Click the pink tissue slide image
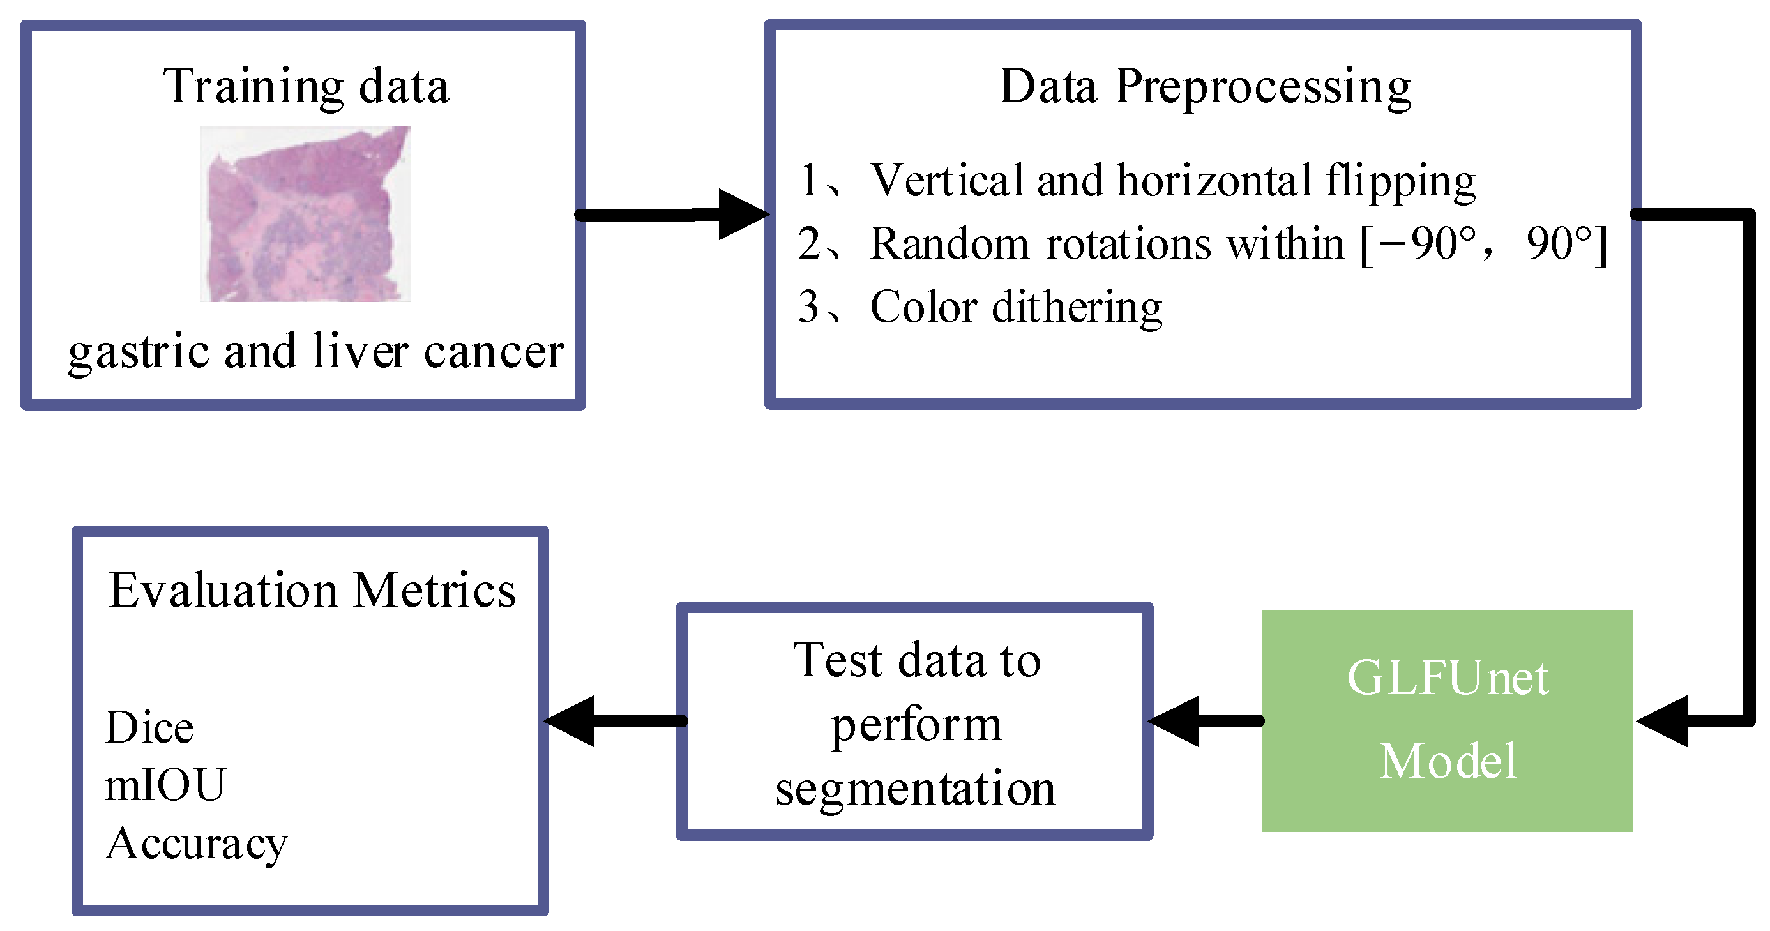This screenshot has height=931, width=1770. (x=305, y=214)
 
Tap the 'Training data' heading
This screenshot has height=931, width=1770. (x=306, y=87)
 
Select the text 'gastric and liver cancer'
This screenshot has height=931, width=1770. (x=316, y=351)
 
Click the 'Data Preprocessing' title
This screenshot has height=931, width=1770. (x=1204, y=87)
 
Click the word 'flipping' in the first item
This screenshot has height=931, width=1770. (x=1400, y=181)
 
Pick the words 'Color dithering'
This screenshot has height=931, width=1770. (x=1015, y=307)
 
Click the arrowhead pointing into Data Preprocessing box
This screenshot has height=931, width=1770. (x=742, y=215)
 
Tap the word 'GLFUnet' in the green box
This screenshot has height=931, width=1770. (x=1447, y=678)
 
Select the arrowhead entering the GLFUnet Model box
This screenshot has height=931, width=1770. (x=1663, y=721)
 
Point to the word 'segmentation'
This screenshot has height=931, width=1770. (x=914, y=788)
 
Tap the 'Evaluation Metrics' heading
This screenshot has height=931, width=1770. (x=313, y=590)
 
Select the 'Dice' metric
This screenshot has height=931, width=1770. (x=150, y=727)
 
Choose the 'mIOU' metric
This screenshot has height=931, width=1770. (x=165, y=785)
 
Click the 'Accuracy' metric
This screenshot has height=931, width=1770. (x=197, y=844)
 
